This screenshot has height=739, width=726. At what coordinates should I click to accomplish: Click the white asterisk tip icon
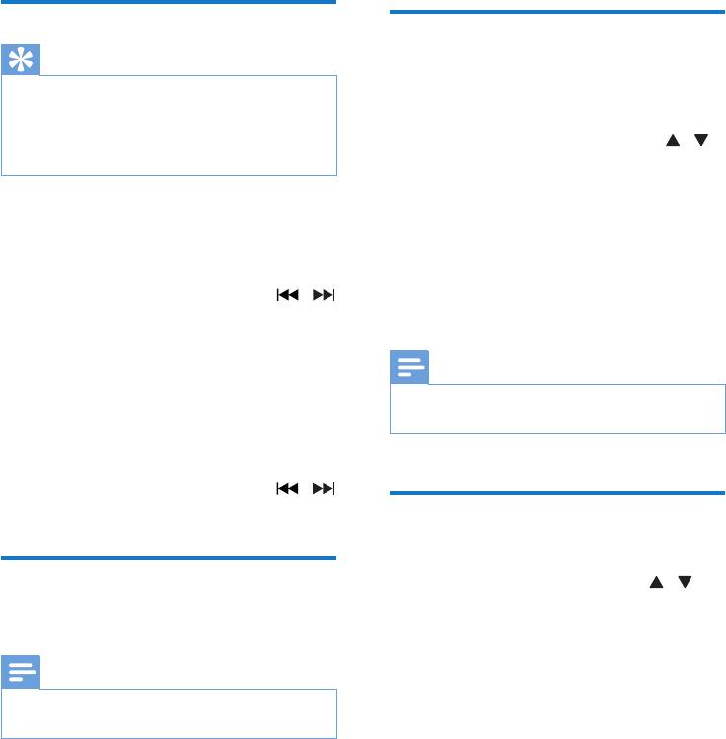coord(20,60)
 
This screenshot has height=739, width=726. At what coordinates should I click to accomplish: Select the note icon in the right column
coord(408,369)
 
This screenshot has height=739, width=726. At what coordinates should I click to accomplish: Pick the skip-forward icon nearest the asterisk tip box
coord(323,295)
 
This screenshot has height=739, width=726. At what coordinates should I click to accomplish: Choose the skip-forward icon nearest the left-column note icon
coord(323,488)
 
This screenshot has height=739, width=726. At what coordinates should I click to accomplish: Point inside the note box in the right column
coord(557,408)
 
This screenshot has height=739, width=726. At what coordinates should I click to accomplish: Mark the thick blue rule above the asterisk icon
coord(169,3)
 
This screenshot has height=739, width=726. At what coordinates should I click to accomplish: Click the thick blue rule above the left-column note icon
coord(169,558)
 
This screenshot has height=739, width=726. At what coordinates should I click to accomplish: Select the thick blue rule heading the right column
coord(557,12)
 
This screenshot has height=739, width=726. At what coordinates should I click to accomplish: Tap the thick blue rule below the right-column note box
coord(557,493)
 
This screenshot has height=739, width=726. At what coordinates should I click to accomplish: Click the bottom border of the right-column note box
coord(557,433)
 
